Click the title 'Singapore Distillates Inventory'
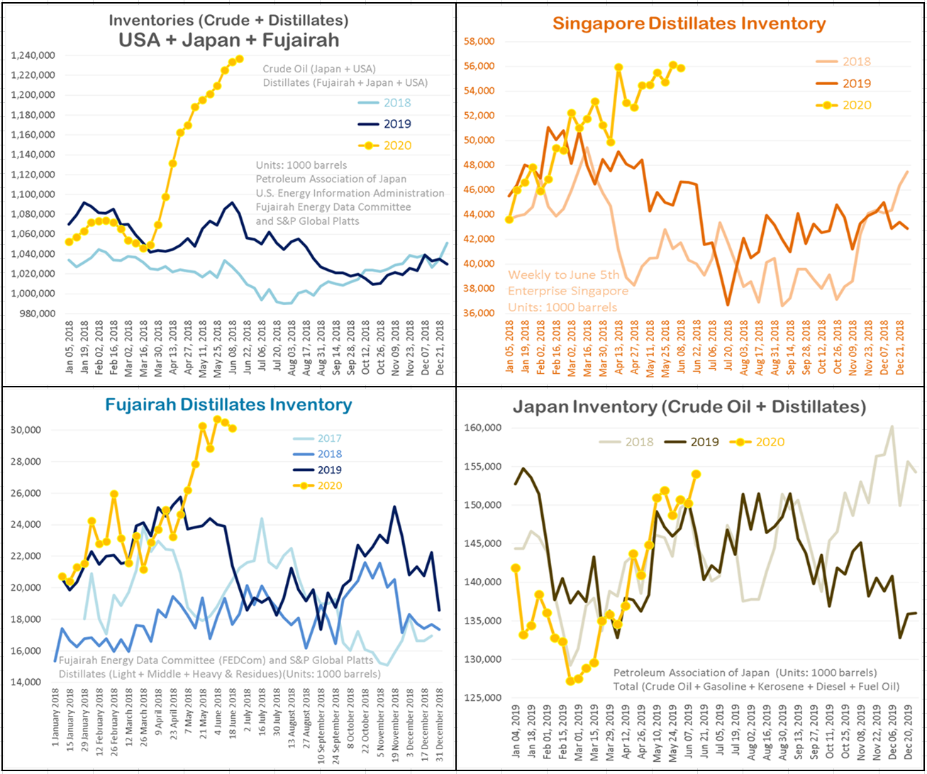click(x=689, y=23)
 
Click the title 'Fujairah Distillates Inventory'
click(x=228, y=405)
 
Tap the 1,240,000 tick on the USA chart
click(x=33, y=55)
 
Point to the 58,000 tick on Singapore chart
click(x=479, y=41)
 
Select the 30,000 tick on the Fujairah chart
click(x=26, y=430)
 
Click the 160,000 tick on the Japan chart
click(x=482, y=428)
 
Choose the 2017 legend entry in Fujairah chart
click(x=328, y=438)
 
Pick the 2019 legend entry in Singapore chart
click(x=856, y=84)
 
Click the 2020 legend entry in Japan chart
click(x=769, y=442)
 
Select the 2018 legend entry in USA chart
click(x=396, y=103)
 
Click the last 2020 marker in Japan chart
click(x=696, y=474)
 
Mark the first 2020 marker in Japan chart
click(x=516, y=568)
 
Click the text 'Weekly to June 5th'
click(x=563, y=275)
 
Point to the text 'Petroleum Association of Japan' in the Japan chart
click(x=691, y=673)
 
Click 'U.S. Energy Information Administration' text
click(x=350, y=193)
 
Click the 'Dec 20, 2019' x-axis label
click(x=910, y=731)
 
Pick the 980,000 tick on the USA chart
click(x=36, y=314)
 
